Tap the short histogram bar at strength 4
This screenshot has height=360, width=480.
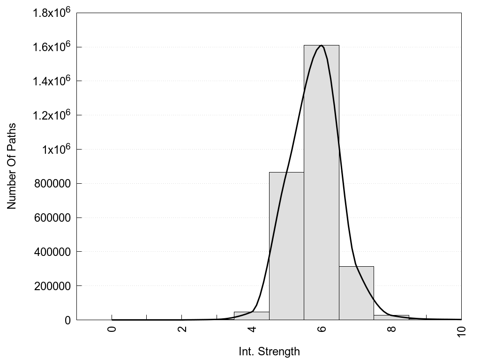[252, 316]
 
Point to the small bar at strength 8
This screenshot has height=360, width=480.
[391, 317]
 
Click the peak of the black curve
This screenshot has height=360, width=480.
[321, 45]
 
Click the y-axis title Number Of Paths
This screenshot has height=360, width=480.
[12, 166]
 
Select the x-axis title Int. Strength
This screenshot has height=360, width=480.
[269, 351]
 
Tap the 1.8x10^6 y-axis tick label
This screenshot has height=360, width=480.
[51, 12]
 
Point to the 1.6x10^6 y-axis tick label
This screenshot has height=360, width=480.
[51, 46]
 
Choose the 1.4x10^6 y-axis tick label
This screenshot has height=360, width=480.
[51, 81]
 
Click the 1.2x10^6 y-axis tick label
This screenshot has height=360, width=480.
[51, 115]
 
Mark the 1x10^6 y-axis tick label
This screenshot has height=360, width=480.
[56, 149]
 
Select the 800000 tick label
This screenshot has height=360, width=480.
[53, 183]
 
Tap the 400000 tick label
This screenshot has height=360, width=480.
[53, 252]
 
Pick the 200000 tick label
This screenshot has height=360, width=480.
[53, 286]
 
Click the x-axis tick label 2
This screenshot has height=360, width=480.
[182, 328]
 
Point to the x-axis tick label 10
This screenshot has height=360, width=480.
[462, 330]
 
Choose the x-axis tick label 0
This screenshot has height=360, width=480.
[112, 328]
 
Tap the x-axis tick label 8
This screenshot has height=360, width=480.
[391, 328]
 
